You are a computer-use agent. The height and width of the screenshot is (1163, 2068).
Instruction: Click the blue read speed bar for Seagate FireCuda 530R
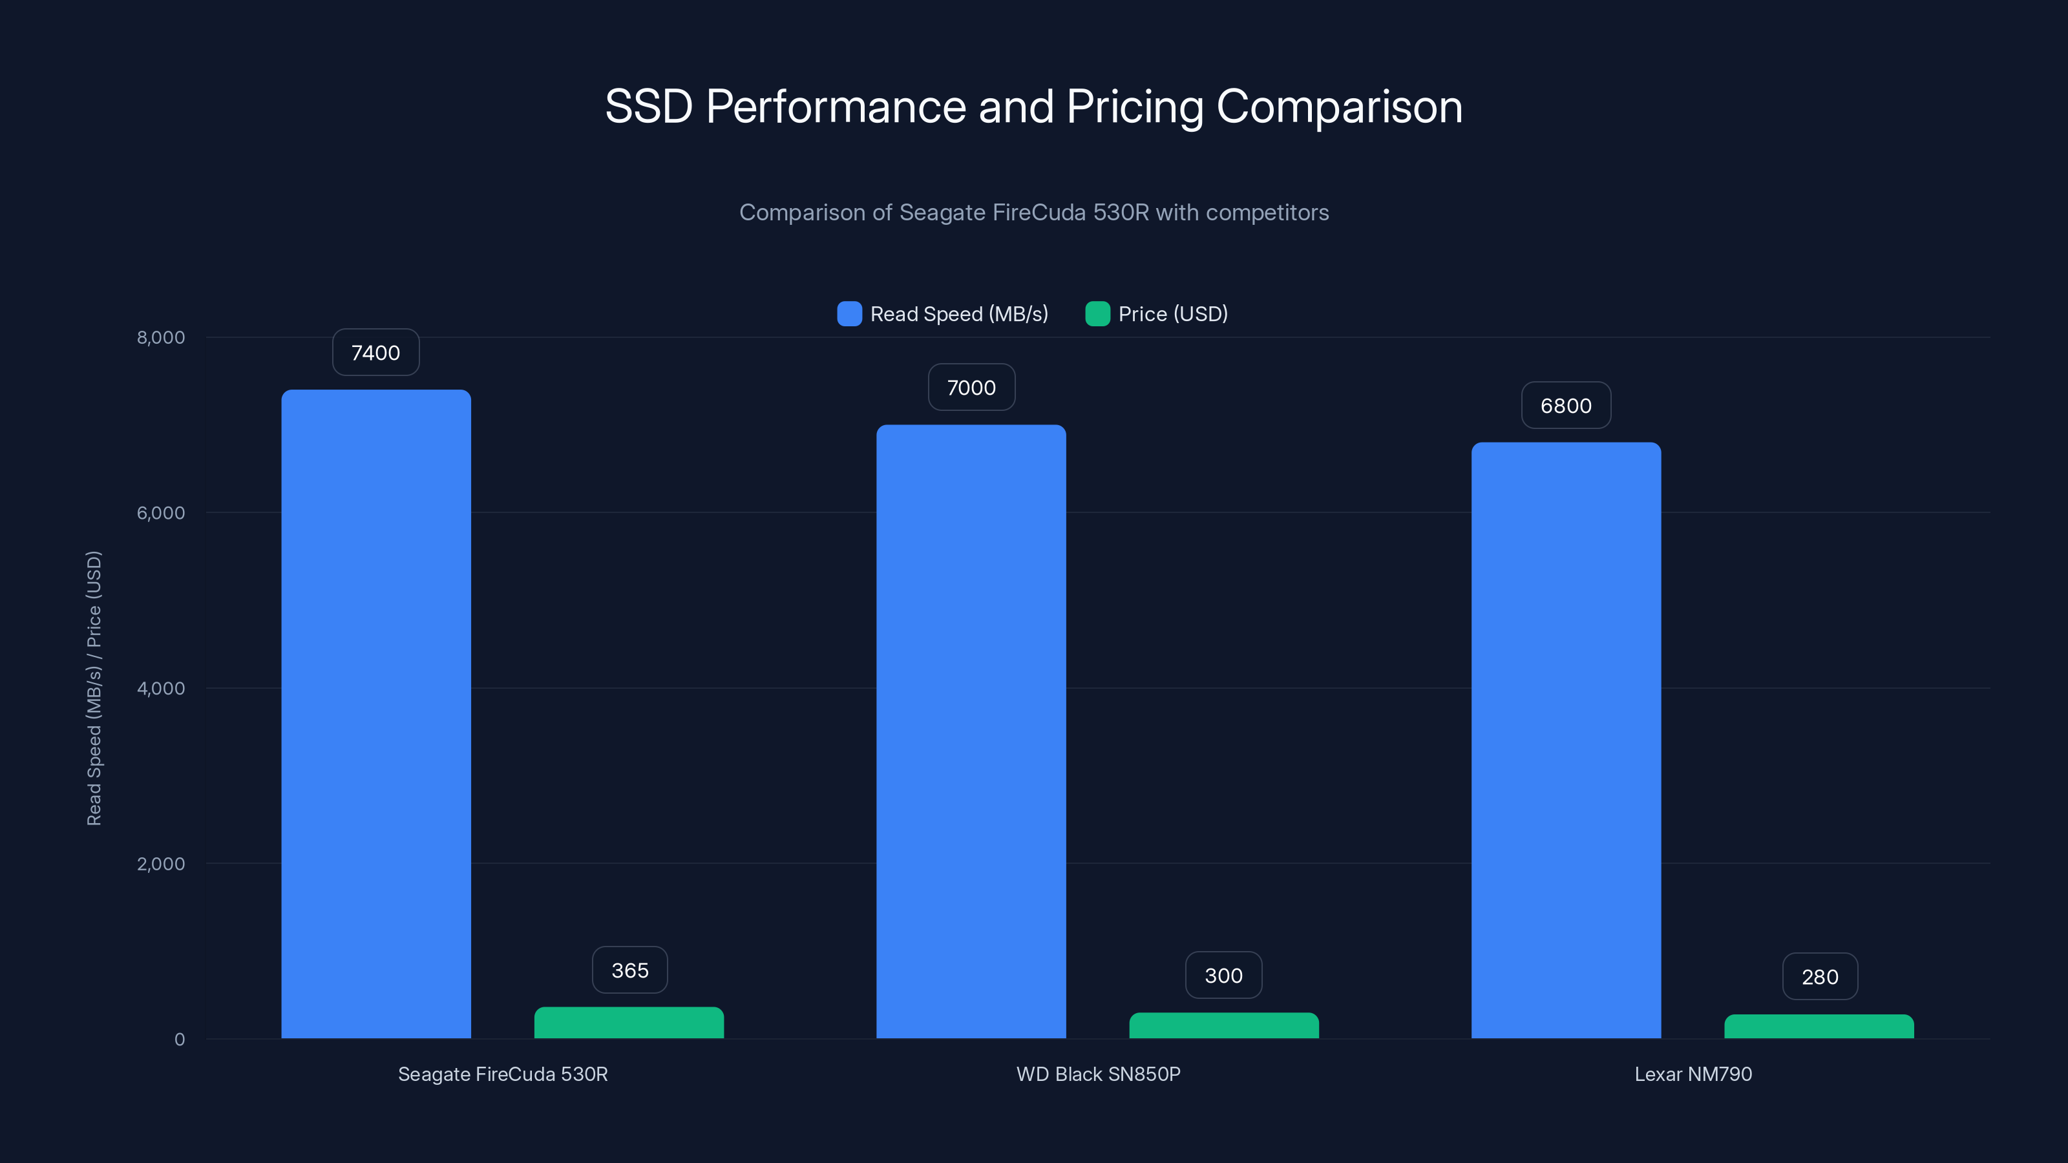(x=375, y=715)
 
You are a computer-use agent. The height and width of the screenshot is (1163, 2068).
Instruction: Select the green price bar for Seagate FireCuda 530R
(x=629, y=1023)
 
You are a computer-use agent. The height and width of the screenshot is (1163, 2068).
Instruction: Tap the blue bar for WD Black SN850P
(x=971, y=730)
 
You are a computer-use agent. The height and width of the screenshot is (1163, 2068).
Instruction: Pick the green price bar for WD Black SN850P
(x=1223, y=1026)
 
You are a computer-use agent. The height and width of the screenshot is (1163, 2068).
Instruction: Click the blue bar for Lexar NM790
(x=1565, y=739)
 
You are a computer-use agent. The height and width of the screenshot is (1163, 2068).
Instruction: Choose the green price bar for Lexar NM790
(x=1819, y=1027)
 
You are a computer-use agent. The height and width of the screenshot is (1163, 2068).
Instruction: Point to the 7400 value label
(x=375, y=352)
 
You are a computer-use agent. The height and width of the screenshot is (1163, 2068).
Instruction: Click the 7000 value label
(x=971, y=388)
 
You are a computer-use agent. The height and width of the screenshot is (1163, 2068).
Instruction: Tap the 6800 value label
(x=1565, y=405)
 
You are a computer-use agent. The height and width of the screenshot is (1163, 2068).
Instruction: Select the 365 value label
(x=629, y=970)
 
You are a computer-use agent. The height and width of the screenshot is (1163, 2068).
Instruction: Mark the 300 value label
(x=1223, y=975)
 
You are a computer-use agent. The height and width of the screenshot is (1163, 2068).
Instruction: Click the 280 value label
(x=1819, y=977)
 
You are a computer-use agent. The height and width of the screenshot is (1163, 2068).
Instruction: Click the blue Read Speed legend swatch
(x=849, y=314)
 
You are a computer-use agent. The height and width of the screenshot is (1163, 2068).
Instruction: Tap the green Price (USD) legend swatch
(x=1097, y=314)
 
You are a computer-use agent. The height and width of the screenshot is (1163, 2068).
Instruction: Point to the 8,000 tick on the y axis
(x=160, y=337)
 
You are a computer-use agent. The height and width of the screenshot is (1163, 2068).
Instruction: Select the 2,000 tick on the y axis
(x=160, y=864)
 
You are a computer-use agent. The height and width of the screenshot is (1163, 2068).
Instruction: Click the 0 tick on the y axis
(x=179, y=1040)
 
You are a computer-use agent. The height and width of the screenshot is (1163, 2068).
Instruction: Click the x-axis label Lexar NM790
(x=1693, y=1074)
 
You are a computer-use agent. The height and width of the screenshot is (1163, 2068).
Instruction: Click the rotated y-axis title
(x=94, y=688)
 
